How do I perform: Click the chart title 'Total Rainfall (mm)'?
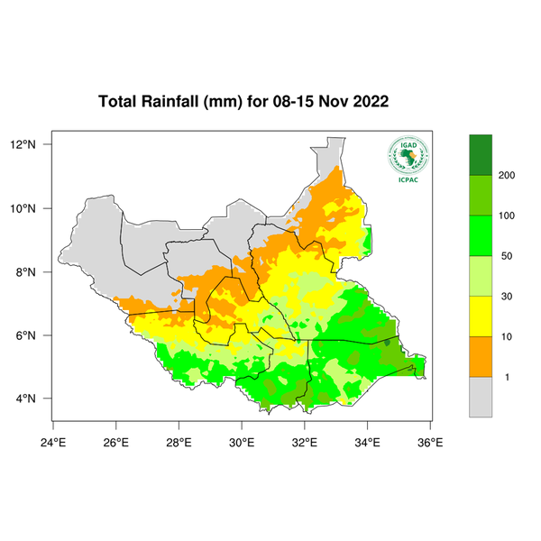pos(171,101)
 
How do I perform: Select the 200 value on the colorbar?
pos(507,175)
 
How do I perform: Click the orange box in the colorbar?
pos(481,356)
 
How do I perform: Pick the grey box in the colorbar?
pos(481,397)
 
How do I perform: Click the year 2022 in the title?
pos(371,101)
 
